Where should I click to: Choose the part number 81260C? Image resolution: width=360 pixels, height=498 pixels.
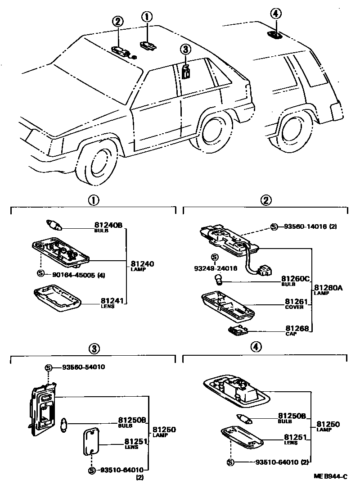pos(296,279)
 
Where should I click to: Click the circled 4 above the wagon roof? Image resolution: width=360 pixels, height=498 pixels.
pos(276,14)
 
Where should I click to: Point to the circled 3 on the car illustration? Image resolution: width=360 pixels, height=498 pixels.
pos(184,49)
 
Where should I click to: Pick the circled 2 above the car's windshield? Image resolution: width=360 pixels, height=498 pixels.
pos(117,21)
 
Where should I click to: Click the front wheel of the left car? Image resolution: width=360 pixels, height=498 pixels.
pos(97,164)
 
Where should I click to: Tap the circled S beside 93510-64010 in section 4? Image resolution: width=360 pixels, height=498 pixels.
pos(230,462)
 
